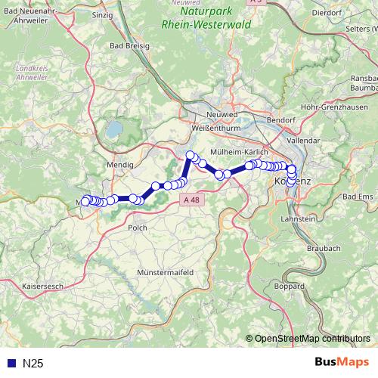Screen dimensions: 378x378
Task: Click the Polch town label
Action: point(138,227)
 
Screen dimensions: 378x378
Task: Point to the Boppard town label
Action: point(290,287)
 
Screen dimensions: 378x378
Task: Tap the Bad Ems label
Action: point(358,197)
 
